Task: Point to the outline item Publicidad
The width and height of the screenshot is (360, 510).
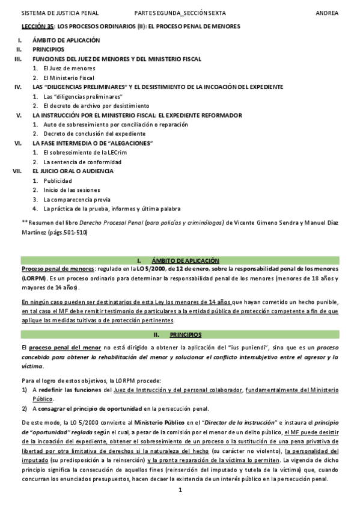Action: (58, 180)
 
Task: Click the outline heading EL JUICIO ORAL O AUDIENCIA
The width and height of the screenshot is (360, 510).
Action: (73, 171)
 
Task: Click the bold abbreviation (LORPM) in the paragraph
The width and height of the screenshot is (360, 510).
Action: (33, 278)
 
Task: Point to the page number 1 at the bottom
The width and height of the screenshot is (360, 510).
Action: (180, 490)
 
